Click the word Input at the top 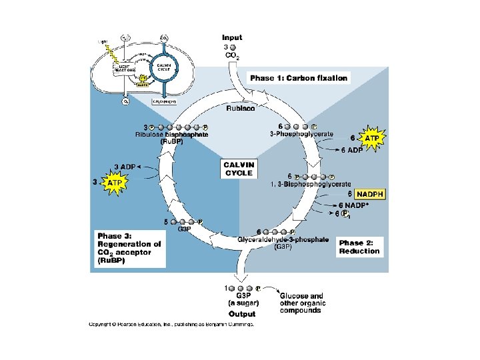(x=232, y=38)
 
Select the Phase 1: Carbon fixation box (x=299, y=78)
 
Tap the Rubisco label (x=241, y=108)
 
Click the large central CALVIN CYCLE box (x=239, y=169)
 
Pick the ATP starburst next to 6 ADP (x=373, y=138)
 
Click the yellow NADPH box (x=370, y=194)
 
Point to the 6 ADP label (x=351, y=150)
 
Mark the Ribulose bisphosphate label (x=171, y=135)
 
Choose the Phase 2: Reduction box (x=359, y=247)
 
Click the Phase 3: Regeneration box (x=129, y=249)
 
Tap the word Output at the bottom (x=241, y=313)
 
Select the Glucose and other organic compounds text (x=301, y=303)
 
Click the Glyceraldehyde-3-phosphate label (x=283, y=239)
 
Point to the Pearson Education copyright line (x=172, y=325)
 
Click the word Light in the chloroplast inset (x=103, y=41)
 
